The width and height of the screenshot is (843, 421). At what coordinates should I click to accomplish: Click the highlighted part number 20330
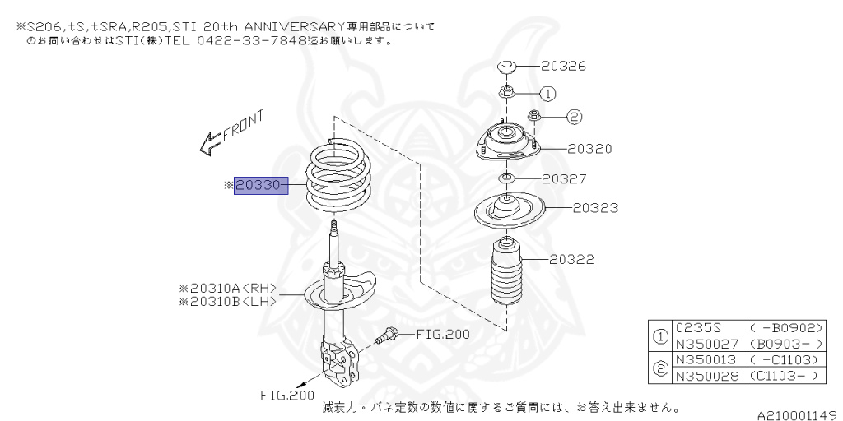pyautogui.click(x=258, y=187)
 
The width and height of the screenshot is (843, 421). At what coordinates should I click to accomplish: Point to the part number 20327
pyautogui.click(x=564, y=178)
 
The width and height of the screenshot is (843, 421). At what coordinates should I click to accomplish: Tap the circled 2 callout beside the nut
pyautogui.click(x=575, y=117)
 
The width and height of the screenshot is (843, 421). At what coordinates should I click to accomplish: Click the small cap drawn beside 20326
pyautogui.click(x=506, y=67)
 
